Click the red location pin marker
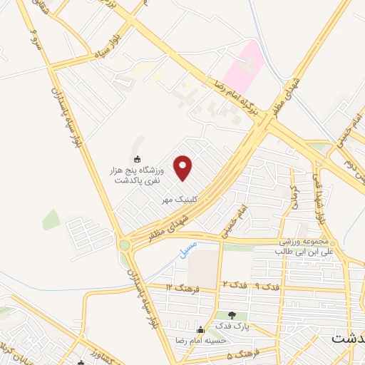[x=183, y=168]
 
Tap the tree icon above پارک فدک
[x=232, y=314]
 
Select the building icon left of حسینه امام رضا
[x=201, y=330]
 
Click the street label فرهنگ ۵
[x=232, y=354]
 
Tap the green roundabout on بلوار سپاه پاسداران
[x=125, y=245]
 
